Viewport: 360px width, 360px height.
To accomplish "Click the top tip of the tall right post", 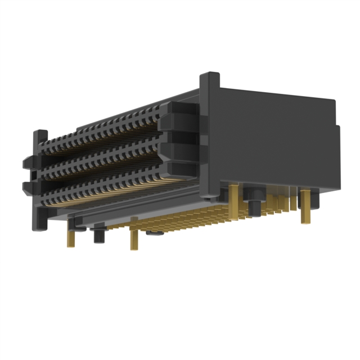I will pyautogui.click(x=209, y=76).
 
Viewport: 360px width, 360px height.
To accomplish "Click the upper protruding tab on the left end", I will pyautogui.click(x=28, y=163).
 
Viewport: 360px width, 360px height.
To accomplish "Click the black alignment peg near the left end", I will pyautogui.click(x=99, y=233).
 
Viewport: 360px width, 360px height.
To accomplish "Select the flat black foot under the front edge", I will pyautogui.click(x=155, y=231).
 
